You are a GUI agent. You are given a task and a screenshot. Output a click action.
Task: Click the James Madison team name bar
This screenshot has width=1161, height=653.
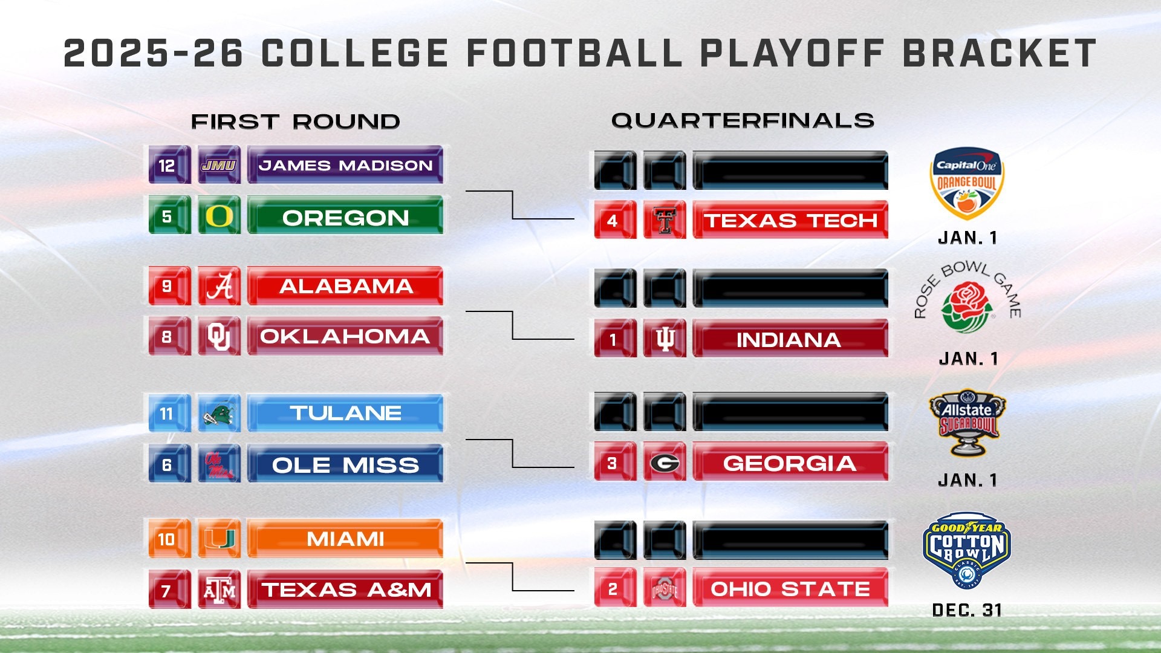(x=345, y=165)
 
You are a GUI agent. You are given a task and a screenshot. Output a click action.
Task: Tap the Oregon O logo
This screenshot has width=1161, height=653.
(x=219, y=216)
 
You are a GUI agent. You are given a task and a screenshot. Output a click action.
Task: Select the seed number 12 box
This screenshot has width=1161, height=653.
(x=167, y=165)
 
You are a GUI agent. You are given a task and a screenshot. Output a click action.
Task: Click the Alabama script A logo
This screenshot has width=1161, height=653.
(x=219, y=286)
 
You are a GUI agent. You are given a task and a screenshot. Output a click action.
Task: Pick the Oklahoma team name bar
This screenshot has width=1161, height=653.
(x=345, y=336)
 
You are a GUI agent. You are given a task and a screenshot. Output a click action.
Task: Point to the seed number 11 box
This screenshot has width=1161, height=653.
(x=167, y=414)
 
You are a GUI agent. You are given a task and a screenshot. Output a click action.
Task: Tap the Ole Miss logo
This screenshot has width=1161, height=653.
(x=219, y=464)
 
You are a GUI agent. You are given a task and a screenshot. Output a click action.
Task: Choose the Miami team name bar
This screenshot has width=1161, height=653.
(x=345, y=539)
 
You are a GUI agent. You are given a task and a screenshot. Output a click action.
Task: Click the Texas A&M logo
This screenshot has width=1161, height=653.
(x=219, y=590)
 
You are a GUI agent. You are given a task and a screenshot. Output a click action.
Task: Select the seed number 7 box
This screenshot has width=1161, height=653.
(x=167, y=590)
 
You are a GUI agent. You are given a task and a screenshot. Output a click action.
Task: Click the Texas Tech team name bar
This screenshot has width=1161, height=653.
(x=790, y=220)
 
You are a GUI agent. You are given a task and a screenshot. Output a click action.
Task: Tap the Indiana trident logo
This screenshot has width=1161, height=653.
(x=665, y=339)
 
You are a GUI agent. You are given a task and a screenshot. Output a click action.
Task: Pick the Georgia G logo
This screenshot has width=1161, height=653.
(x=665, y=463)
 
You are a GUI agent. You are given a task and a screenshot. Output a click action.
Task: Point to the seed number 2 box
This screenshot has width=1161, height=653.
(x=614, y=588)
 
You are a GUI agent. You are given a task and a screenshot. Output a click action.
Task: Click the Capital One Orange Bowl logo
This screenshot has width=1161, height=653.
(x=966, y=184)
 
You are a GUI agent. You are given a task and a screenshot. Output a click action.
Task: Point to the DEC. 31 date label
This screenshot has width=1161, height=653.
(x=967, y=610)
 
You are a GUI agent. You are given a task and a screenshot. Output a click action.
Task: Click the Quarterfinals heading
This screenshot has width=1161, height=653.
(x=743, y=121)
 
